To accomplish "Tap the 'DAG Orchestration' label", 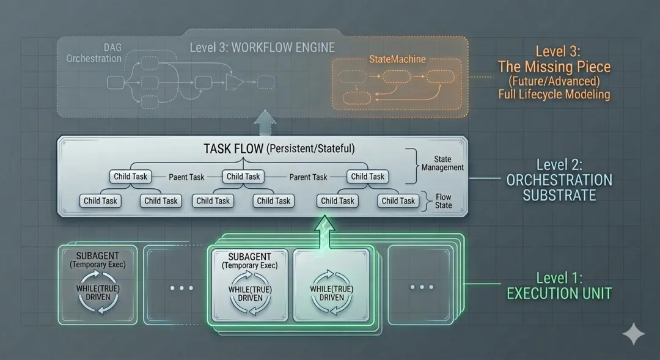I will [x=94, y=53].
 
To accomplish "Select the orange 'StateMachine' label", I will [x=397, y=59].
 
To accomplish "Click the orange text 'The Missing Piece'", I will [x=554, y=66].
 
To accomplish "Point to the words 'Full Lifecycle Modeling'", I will [x=554, y=94].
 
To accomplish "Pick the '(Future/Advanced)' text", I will [x=554, y=81].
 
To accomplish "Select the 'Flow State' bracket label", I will [x=443, y=201].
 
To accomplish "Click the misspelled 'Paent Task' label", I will [x=186, y=177].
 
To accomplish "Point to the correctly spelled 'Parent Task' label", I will [x=308, y=177].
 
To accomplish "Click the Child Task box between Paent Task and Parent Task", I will [x=243, y=177].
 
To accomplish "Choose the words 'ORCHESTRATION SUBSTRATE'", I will [x=559, y=187].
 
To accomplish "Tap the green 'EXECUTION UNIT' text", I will [x=559, y=293].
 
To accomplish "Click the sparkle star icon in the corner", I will [x=634, y=334].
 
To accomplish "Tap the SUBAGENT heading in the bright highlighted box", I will [x=249, y=257].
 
